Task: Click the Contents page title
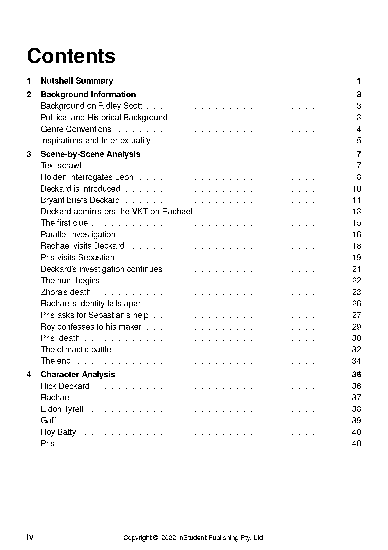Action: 71,56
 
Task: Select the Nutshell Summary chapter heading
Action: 77,81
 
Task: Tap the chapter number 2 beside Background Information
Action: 29,94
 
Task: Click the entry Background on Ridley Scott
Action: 91,106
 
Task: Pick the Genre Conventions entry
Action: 76,129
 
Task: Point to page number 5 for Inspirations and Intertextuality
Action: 359,140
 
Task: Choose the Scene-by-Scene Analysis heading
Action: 91,154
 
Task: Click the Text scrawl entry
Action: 61,165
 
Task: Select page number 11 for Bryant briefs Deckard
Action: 356,200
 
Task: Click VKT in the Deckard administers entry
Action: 140,211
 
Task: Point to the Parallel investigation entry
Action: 78,234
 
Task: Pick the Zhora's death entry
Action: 66,292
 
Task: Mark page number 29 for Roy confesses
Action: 356,327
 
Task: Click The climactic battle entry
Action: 76,349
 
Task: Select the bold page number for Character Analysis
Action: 356,374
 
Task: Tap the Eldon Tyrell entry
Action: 62,409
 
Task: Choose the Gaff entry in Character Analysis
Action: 48,420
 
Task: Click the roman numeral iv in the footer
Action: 30,537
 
